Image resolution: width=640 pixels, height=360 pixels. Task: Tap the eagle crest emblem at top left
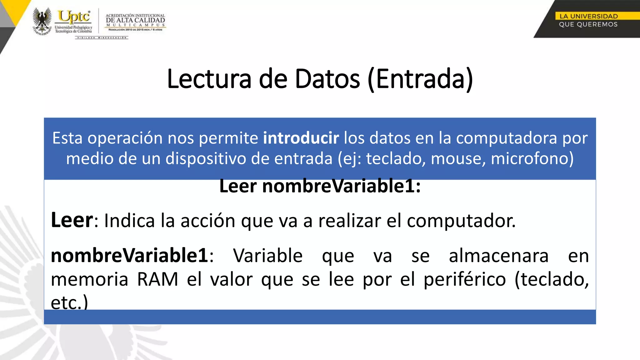pos(42,21)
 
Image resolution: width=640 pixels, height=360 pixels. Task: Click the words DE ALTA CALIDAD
pos(135,20)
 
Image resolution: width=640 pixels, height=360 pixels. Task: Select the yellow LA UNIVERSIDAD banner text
pos(588,16)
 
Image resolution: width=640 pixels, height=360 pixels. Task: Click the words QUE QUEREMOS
pos(588,24)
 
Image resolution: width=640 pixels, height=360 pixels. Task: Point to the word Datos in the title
pos(327,79)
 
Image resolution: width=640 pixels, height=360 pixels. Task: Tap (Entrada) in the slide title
pos(420,79)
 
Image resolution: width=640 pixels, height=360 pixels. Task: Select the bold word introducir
pos(301,138)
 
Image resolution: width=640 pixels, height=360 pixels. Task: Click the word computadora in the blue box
pos(506,138)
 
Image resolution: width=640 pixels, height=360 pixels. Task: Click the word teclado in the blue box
pos(396,158)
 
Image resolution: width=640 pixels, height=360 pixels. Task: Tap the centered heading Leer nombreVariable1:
pos(320,186)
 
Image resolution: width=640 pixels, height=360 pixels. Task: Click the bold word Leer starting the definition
pos(72,220)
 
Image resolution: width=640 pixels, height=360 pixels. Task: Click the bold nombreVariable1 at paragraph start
pos(129,256)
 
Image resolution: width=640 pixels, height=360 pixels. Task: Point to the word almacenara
pos(499,256)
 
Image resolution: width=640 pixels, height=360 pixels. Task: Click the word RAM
pos(158,279)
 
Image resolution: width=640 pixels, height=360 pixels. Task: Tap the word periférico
pos(465,279)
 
